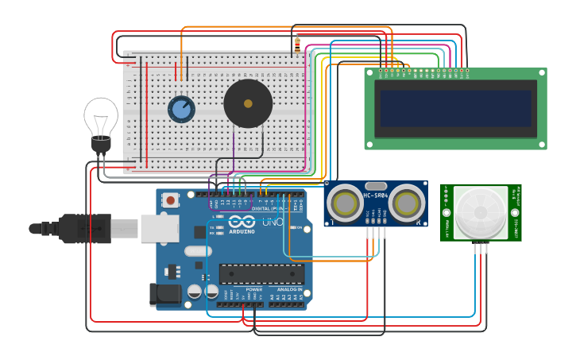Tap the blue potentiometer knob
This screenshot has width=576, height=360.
(x=181, y=110)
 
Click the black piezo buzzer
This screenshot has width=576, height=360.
(x=248, y=103)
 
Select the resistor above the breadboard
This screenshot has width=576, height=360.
(x=297, y=45)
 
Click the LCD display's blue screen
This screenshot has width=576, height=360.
(x=455, y=108)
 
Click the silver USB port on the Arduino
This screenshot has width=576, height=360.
(x=159, y=228)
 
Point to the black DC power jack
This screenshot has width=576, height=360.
(x=165, y=294)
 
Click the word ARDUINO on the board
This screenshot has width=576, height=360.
(x=242, y=231)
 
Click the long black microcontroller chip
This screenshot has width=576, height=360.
(x=261, y=274)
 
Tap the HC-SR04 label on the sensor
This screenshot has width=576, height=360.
(x=376, y=195)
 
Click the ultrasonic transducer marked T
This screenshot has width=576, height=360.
(x=346, y=203)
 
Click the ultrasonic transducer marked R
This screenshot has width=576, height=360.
(x=406, y=203)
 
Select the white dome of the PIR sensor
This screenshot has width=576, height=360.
(x=481, y=213)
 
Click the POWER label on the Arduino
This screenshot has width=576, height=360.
(x=253, y=289)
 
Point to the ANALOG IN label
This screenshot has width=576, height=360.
(x=290, y=289)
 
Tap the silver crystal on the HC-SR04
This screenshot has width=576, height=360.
(x=376, y=186)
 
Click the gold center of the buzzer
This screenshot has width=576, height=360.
(x=248, y=103)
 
